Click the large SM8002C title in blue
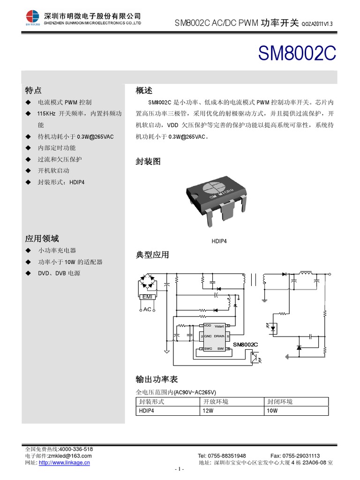297,54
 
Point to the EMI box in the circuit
147,297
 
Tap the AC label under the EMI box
147,309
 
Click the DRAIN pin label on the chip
219,336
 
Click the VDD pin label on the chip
208,326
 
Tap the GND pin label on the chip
208,336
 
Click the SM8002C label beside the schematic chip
246,345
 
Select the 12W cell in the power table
208,411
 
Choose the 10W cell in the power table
272,411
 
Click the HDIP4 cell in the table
147,411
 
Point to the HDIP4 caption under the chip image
220,241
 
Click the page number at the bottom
180,469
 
